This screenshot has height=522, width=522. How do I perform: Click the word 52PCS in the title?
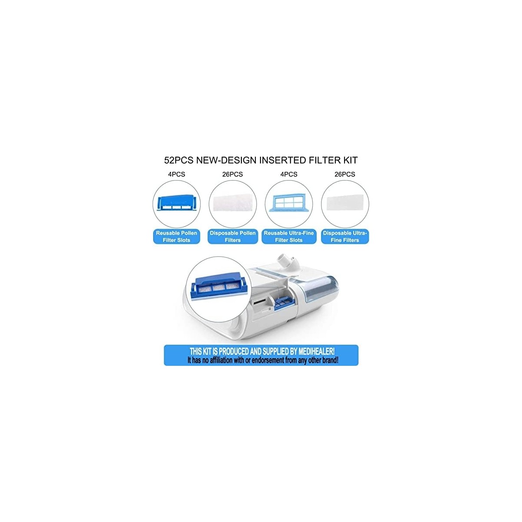click(x=178, y=161)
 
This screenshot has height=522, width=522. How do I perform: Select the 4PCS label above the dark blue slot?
click(x=176, y=174)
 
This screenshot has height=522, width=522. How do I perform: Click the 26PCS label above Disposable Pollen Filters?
click(x=232, y=174)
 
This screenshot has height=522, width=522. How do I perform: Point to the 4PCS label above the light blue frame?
click(x=289, y=174)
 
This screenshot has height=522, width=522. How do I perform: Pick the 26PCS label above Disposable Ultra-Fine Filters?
click(x=345, y=174)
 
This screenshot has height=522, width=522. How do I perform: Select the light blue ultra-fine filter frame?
click(x=289, y=203)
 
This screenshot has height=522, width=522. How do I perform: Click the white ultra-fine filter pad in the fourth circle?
click(x=345, y=204)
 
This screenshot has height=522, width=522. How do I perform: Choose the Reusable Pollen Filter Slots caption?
click(x=177, y=237)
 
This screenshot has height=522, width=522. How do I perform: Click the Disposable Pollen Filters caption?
click(x=233, y=237)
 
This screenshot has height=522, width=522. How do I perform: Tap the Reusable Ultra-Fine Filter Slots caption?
click(x=289, y=237)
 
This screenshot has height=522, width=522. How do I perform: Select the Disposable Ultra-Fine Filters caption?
click(x=345, y=237)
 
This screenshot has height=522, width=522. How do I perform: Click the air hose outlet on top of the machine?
click(x=288, y=262)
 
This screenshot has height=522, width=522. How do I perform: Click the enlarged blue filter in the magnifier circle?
click(x=219, y=287)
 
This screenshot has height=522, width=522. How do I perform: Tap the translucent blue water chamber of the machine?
click(x=319, y=294)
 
